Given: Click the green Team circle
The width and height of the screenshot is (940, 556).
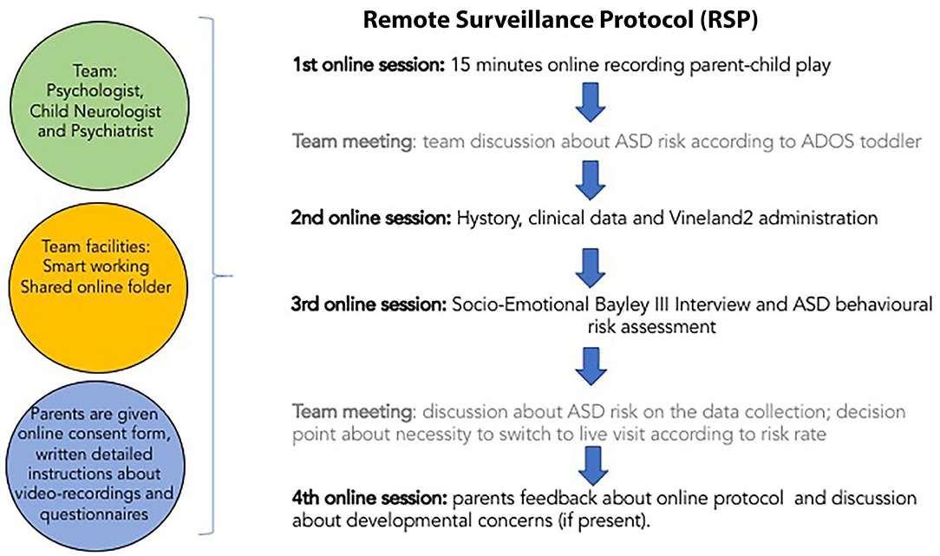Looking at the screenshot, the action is (95, 102).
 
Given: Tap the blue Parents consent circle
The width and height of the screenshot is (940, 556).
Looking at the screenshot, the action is (96, 466).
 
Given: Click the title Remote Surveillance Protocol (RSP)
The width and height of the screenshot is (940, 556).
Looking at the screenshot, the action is (560, 20).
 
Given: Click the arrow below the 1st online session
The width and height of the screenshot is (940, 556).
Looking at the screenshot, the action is (591, 102).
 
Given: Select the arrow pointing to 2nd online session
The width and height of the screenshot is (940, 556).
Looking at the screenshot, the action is (591, 180).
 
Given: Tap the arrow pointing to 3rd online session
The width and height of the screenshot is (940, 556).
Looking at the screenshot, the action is (591, 267).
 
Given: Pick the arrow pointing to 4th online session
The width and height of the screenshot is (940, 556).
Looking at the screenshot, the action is (592, 465).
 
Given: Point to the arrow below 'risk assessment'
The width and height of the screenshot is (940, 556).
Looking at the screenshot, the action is (591, 366).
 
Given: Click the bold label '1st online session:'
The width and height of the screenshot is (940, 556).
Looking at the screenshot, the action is (369, 64).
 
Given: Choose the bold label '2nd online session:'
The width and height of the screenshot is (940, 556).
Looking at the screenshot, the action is (371, 217).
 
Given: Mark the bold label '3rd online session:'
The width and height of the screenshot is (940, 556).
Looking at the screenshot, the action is (369, 304).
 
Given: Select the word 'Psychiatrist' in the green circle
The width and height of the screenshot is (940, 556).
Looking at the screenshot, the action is (96, 131).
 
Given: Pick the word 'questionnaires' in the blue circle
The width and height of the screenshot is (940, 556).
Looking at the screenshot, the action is (95, 514).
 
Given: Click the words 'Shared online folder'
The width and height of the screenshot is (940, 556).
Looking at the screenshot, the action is (96, 287).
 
